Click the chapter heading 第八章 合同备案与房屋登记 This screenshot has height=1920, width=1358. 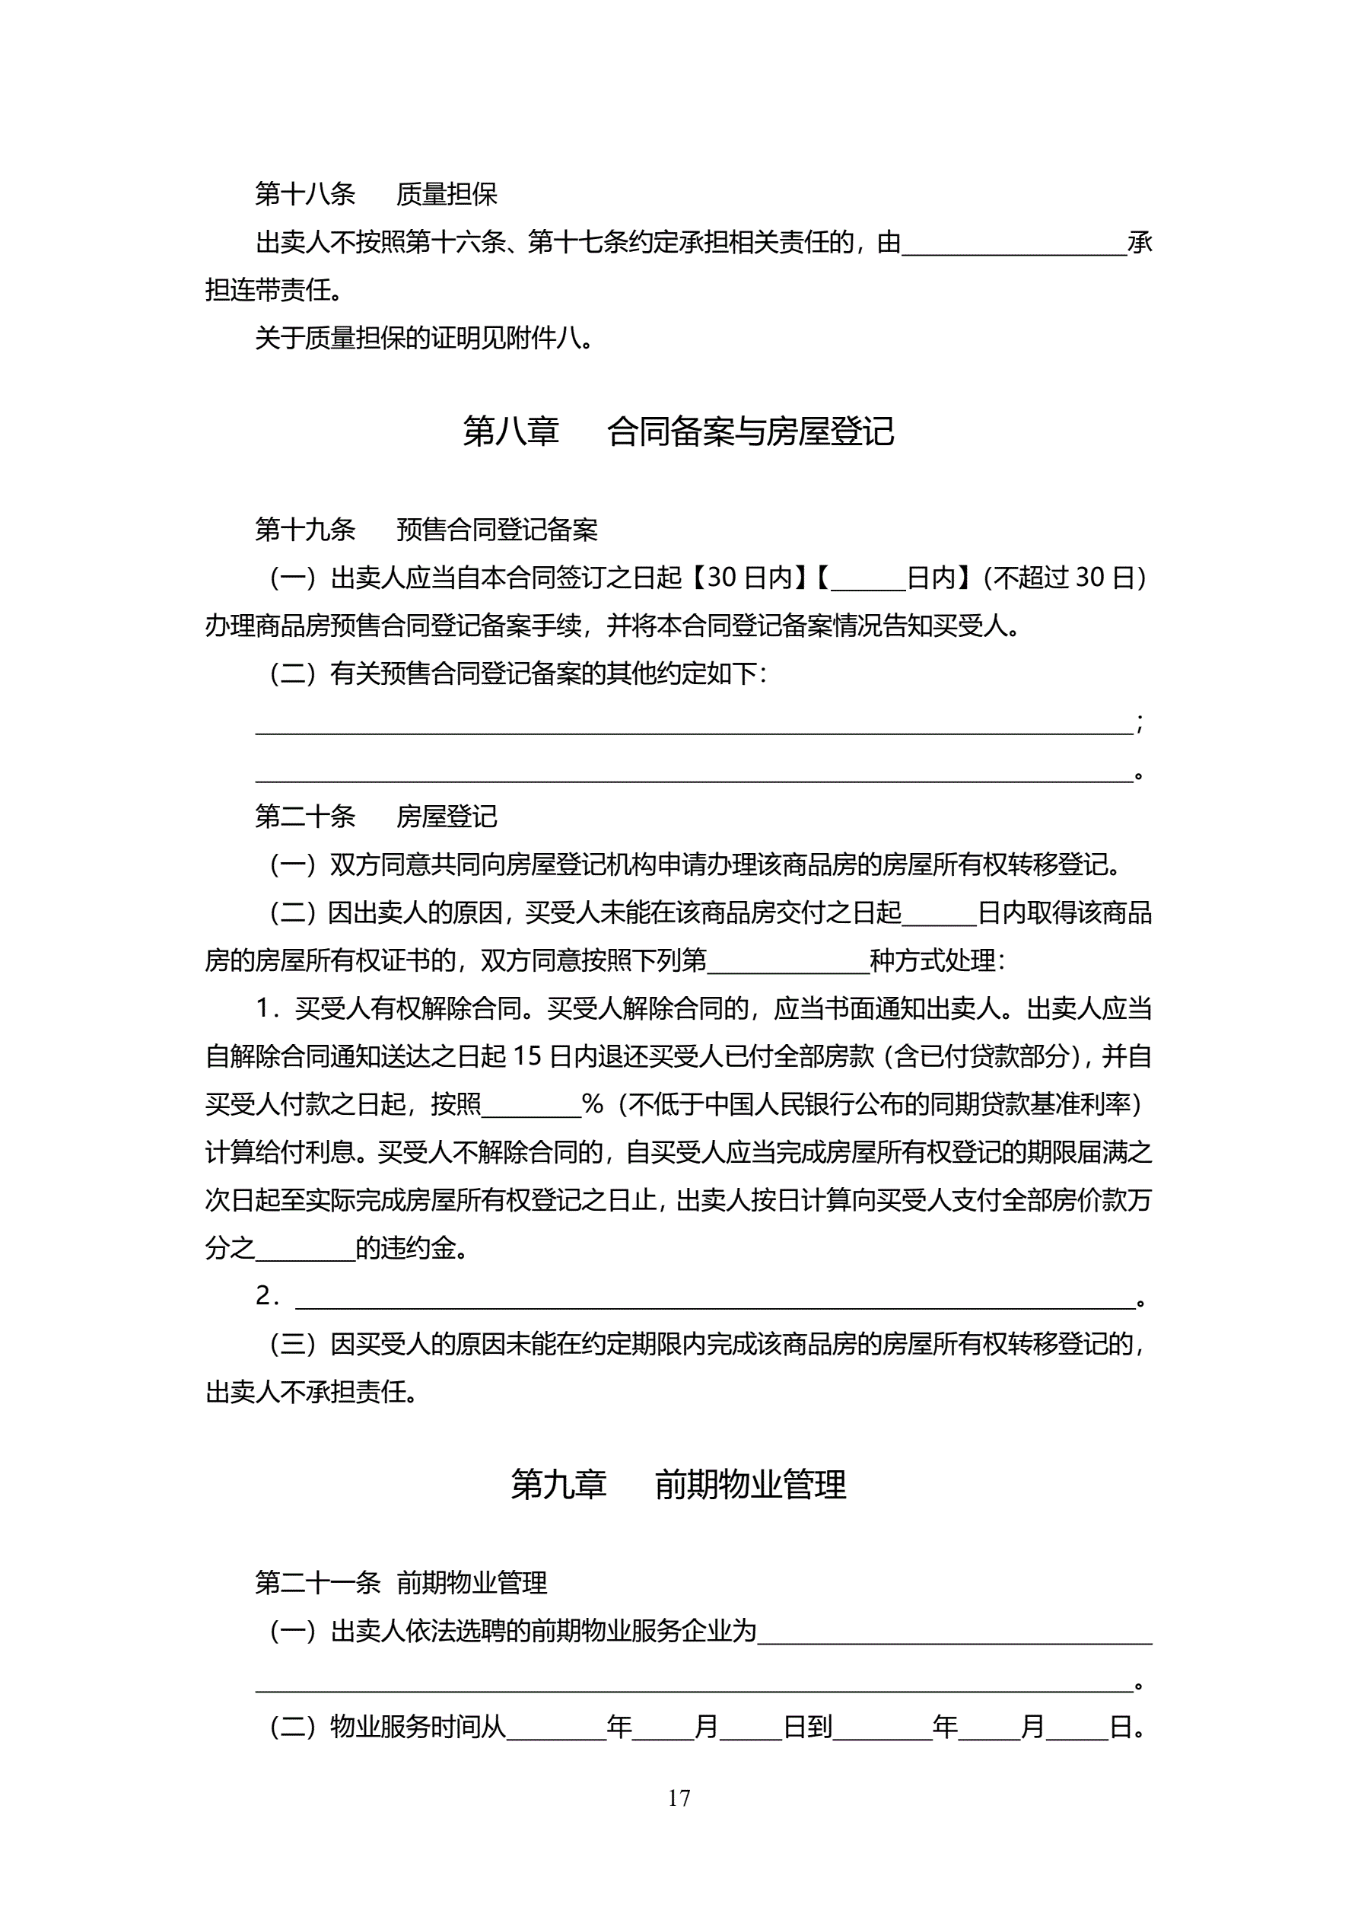tap(678, 431)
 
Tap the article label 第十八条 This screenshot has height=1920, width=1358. tap(305, 194)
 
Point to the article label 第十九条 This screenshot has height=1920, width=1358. tap(305, 530)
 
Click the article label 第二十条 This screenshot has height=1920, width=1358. tap(305, 816)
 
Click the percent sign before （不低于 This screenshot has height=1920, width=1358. tap(592, 1105)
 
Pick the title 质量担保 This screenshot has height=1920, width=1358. tap(447, 194)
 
